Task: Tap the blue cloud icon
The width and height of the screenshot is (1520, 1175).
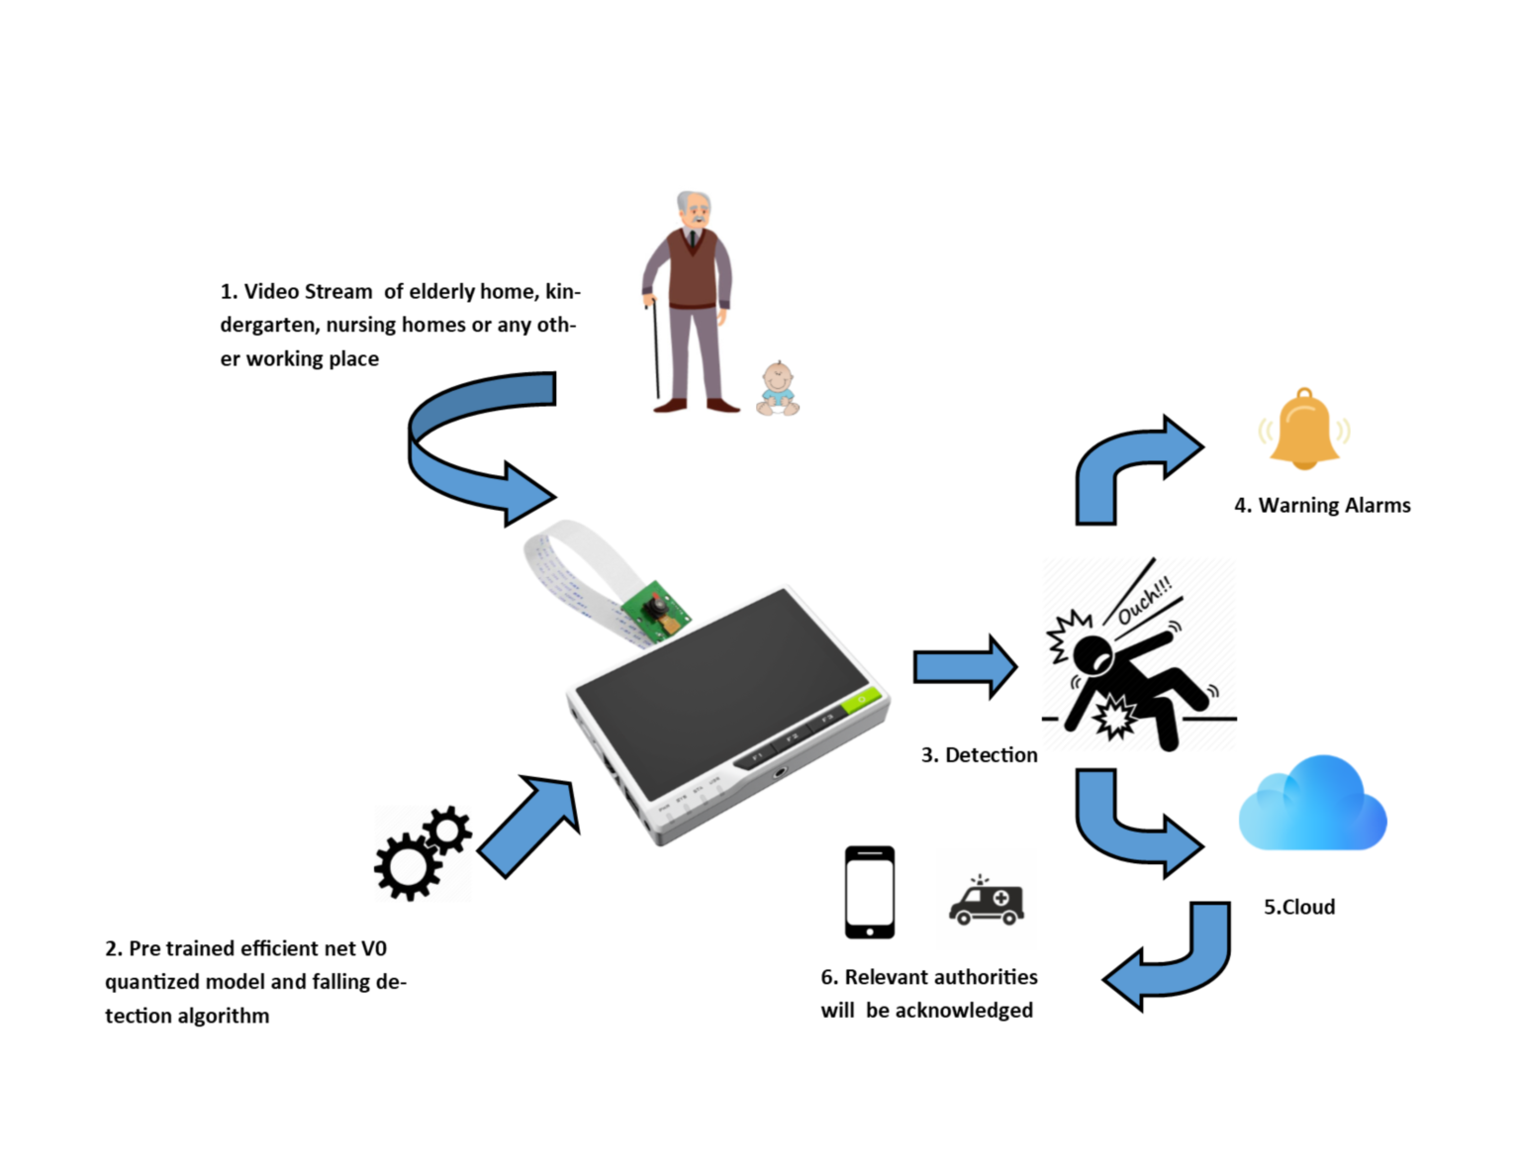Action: (x=1312, y=806)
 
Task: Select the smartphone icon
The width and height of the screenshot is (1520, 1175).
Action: (x=869, y=892)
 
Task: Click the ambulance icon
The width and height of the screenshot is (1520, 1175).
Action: (x=987, y=901)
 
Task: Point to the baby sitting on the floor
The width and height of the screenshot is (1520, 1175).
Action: (x=778, y=389)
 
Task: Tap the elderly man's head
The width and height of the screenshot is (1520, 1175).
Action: (x=695, y=210)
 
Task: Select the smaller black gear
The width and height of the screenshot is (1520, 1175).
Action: (x=447, y=830)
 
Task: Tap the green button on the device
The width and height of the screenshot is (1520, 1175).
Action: (x=859, y=702)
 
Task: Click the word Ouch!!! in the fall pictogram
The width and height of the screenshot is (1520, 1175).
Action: (x=1144, y=600)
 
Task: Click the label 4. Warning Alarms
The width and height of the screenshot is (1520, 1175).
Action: (x=1322, y=505)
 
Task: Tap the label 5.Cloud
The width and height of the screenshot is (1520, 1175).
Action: (x=1298, y=907)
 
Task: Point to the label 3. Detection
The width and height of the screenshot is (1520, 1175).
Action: (x=979, y=754)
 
